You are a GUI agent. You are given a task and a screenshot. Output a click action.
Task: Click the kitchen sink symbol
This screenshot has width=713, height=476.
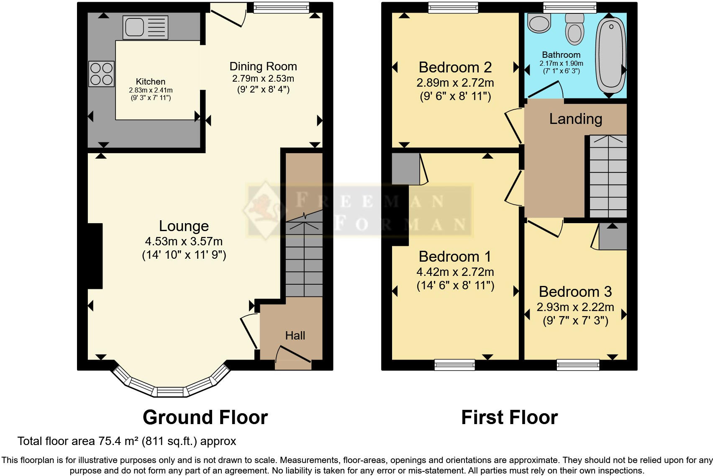(145, 27)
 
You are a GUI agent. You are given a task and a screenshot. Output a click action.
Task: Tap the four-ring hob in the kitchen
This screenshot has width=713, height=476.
(101, 74)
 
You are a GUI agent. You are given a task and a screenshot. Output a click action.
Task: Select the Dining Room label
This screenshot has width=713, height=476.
(263, 66)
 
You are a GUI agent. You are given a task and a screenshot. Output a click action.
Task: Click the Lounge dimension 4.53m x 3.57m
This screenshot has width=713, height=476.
(184, 242)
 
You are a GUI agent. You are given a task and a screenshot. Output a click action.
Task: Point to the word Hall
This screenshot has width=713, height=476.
(295, 335)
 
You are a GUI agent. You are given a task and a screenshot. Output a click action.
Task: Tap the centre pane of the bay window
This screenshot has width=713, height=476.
(170, 392)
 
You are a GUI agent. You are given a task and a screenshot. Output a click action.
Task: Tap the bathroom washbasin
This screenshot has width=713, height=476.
(539, 23)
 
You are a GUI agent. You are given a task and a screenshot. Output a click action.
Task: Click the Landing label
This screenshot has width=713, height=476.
(575, 119)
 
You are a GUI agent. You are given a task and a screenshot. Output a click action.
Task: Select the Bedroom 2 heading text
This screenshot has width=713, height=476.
(455, 67)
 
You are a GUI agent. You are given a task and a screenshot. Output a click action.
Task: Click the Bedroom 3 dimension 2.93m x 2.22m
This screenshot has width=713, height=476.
(575, 307)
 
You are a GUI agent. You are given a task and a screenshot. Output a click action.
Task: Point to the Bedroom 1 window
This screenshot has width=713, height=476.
(455, 365)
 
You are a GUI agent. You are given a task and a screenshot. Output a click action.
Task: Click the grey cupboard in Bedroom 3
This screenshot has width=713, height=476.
(613, 237)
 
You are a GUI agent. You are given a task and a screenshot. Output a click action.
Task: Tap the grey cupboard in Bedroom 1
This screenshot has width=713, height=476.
(405, 169)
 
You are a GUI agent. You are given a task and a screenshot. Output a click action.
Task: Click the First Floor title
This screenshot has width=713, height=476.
(509, 417)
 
